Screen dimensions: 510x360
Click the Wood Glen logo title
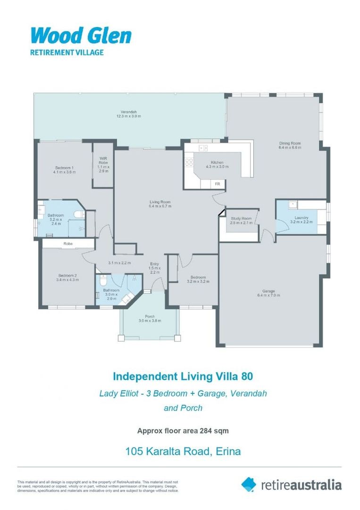pos(81,35)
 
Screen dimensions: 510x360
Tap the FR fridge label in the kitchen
pos(218,184)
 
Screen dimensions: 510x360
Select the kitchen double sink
pos(204,148)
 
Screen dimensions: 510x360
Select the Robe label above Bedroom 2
pos(68,244)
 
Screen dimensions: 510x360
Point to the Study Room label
pos(241,219)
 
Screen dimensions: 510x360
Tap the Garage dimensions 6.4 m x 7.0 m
pos(268,295)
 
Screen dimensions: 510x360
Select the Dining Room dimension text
pos(290,148)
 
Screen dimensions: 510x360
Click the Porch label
pos(150,316)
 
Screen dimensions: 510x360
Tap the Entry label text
pos(154,263)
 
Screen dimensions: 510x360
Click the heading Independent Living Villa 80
pos(183,376)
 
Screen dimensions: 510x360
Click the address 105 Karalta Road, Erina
pos(183,451)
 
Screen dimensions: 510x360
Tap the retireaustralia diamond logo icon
pos(249,484)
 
